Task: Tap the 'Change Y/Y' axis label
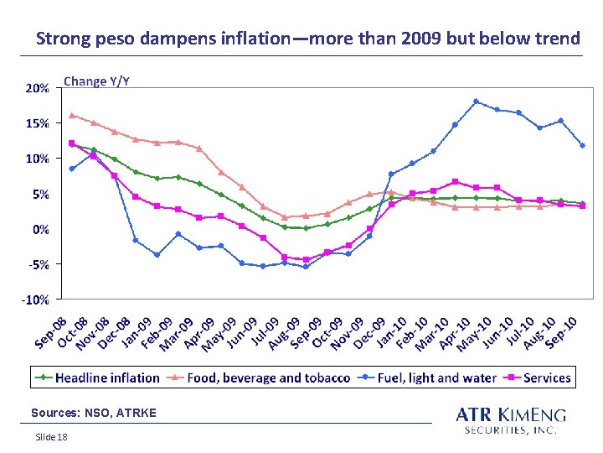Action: pos(96,81)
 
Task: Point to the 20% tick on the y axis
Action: pos(38,88)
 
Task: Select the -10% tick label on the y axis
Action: pos(35,299)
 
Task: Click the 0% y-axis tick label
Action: pos(41,230)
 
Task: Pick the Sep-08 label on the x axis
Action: pos(51,333)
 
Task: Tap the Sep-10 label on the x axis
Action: pos(562,333)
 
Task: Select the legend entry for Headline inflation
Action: pos(97,377)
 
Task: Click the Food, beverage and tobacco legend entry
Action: pos(258,377)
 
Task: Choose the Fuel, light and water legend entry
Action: pos(427,377)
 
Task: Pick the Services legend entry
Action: pos(537,377)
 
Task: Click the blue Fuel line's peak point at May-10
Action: pos(476,102)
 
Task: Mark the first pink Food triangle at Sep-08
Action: pos(71,115)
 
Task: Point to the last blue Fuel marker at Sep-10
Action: pos(583,146)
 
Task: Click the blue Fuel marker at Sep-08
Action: pos(71,169)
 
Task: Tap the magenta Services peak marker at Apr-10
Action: pos(455,181)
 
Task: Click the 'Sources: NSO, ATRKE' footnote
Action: pos(94,413)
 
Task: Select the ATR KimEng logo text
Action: pos(511,420)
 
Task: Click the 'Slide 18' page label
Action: pos(51,437)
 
